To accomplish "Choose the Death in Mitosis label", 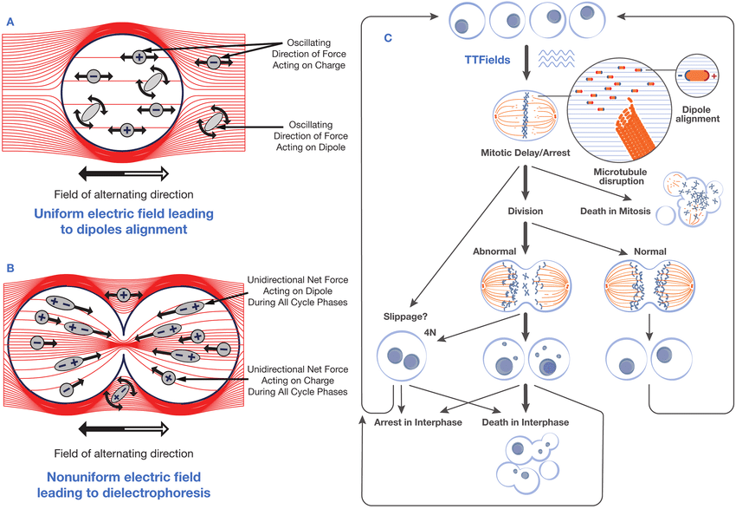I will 616,210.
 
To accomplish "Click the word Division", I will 526,210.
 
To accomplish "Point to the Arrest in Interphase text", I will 411,422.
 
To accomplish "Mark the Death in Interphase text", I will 528,422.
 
